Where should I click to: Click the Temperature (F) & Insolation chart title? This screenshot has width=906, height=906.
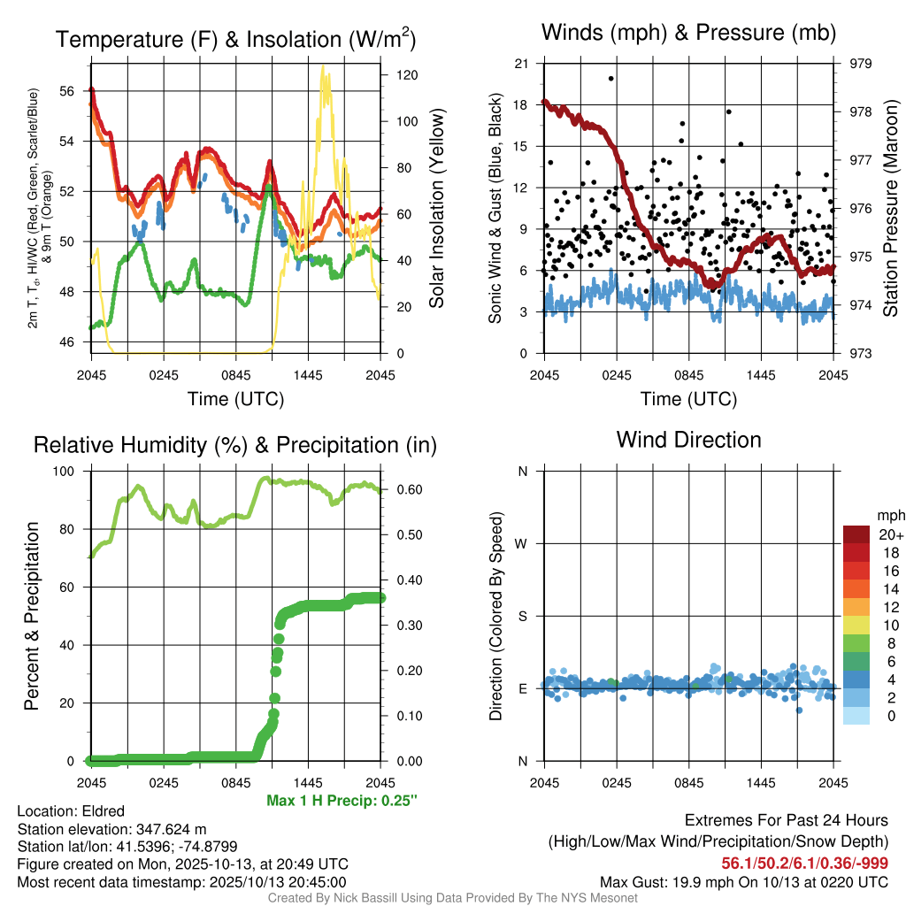point(235,39)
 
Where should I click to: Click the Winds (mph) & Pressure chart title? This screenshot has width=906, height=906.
point(688,34)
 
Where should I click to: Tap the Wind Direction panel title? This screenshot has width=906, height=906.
point(688,440)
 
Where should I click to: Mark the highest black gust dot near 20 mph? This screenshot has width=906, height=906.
point(610,78)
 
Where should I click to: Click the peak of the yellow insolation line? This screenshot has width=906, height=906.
point(323,66)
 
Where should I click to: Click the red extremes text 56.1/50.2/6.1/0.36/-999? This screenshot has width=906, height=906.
point(805,864)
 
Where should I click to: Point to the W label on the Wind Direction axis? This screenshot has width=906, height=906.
point(522,543)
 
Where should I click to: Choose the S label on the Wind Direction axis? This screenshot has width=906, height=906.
point(522,616)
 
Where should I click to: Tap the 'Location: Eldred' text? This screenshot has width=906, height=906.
point(71,811)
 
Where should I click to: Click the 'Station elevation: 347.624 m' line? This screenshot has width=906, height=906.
point(111,829)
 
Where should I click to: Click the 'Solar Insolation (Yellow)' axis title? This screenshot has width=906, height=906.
point(436,208)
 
